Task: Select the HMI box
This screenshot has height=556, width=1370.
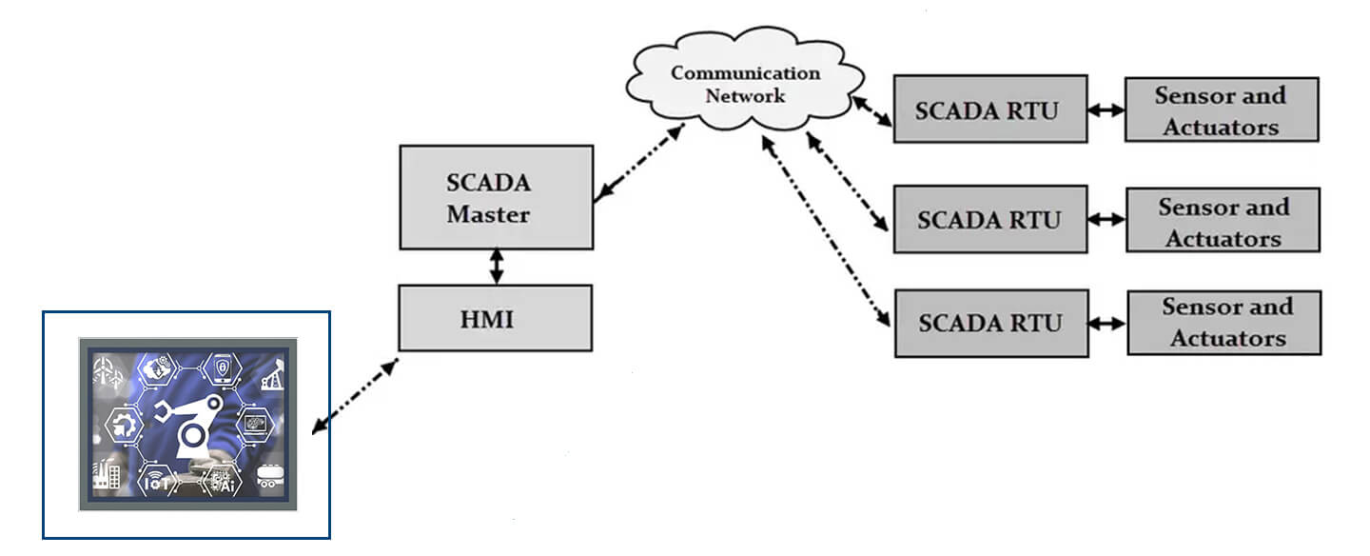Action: [495, 318]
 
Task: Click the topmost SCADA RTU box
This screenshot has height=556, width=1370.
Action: [989, 109]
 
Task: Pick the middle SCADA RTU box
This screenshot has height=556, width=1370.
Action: [989, 219]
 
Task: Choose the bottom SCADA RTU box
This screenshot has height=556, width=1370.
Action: [990, 323]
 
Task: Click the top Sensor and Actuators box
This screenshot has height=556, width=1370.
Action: [1221, 109]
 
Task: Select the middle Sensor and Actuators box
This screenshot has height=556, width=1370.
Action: [1223, 220]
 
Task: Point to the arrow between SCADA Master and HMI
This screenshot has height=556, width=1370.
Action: [495, 267]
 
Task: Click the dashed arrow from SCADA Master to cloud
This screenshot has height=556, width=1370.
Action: [639, 164]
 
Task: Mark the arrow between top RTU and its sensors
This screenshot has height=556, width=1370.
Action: [1106, 110]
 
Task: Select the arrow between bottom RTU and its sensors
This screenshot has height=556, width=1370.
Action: [1107, 324]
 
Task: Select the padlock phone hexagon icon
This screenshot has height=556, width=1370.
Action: [222, 367]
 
